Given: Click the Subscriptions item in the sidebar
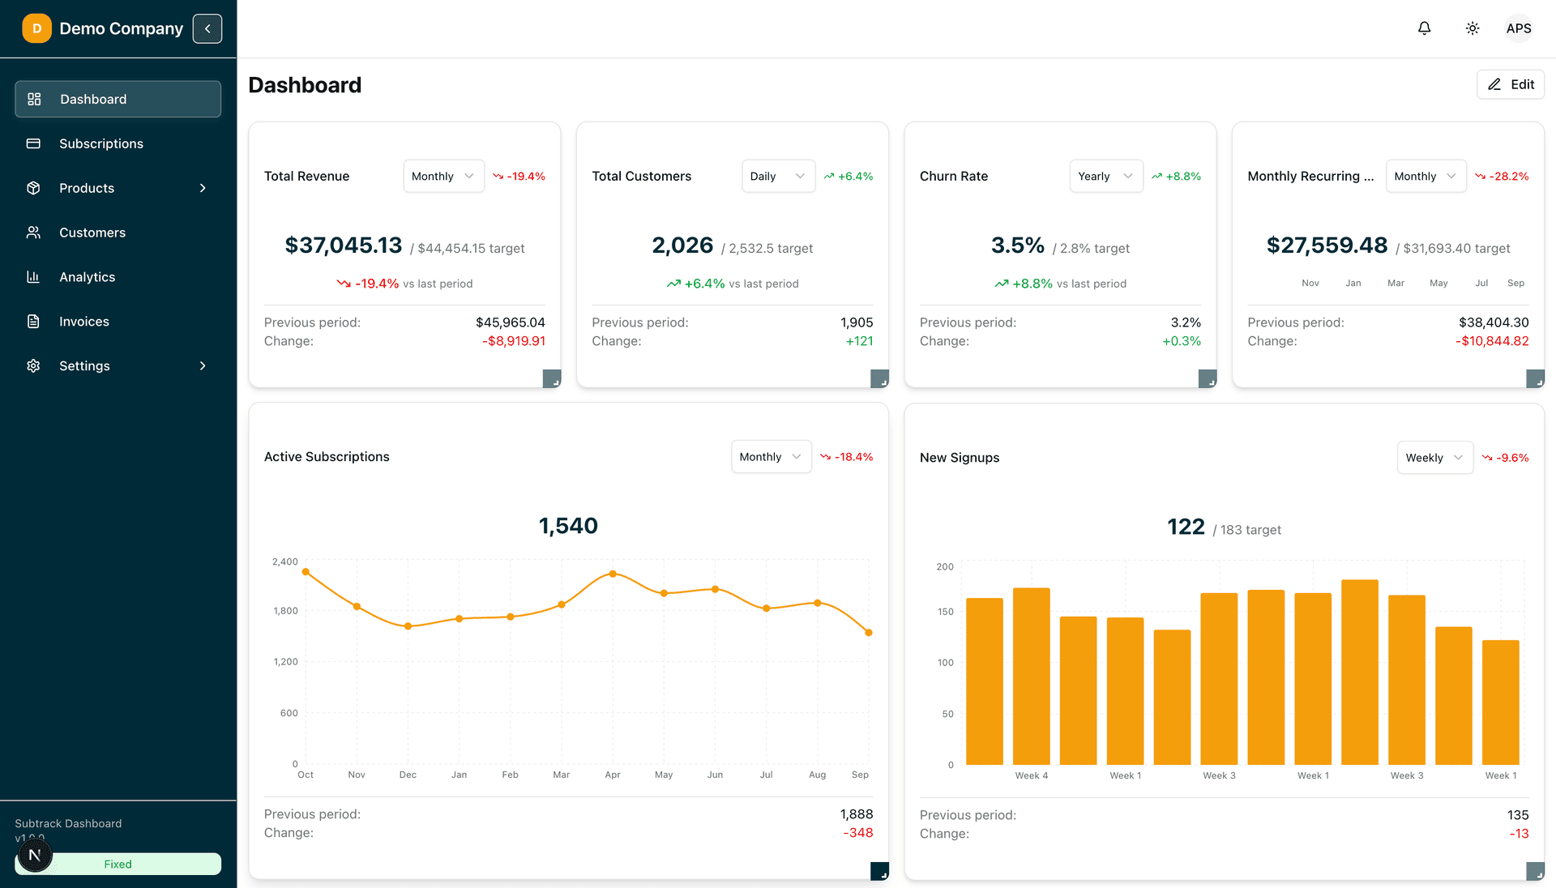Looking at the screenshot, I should (x=100, y=143).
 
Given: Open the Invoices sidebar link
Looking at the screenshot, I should (x=83, y=322).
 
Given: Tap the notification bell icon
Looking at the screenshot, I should (x=1424, y=28).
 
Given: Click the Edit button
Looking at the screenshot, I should (x=1511, y=84).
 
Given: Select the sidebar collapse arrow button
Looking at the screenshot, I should (x=207, y=28).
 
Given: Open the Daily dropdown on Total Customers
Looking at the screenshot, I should (x=777, y=176).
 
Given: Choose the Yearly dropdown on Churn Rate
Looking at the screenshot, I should (x=1105, y=176).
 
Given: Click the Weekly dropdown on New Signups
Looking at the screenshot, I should (x=1434, y=458).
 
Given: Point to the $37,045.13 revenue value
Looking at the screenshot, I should (x=344, y=245).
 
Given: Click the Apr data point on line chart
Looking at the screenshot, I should (x=613, y=574).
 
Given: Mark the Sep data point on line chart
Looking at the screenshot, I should (x=869, y=633).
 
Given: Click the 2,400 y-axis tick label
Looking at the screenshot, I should (x=285, y=561).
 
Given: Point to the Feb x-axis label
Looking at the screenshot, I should (x=510, y=775).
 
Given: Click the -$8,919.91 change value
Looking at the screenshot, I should (x=514, y=341).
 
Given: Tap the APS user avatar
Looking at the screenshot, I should (x=1518, y=28).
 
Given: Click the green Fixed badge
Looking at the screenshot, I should (x=118, y=864).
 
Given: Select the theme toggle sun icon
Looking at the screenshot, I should (x=1473, y=28).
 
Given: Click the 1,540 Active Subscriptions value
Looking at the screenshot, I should (x=568, y=526).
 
